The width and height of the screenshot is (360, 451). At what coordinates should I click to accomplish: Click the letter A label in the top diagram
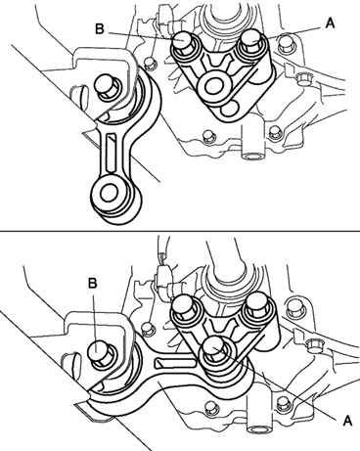point(330,23)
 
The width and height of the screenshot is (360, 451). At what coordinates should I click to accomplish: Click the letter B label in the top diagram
point(100,29)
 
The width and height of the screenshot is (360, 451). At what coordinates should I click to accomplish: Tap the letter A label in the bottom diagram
point(348,421)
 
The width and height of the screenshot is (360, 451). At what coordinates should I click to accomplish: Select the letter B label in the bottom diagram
point(93,283)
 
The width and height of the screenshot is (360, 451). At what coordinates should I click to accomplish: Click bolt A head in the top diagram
point(253,38)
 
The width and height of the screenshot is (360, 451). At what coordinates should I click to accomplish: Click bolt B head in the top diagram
point(183,40)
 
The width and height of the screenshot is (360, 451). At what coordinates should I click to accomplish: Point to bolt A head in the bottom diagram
point(214,346)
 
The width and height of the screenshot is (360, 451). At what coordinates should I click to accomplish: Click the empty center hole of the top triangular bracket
point(213,85)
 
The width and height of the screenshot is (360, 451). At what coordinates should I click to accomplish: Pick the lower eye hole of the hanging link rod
point(109,193)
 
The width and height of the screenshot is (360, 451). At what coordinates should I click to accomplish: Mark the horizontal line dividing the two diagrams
point(180,232)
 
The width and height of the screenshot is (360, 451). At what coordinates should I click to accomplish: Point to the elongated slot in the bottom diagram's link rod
point(175,362)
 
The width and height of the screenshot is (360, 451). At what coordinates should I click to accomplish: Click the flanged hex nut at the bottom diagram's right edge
point(313,345)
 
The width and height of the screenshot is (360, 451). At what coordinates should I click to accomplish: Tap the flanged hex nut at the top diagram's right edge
point(303,79)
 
